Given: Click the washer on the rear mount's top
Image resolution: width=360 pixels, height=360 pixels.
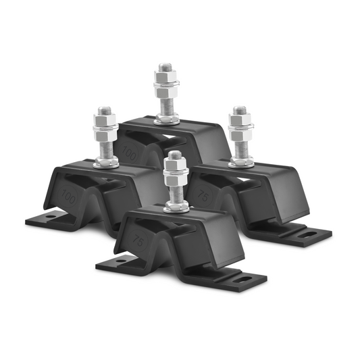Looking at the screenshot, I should pos(166,120).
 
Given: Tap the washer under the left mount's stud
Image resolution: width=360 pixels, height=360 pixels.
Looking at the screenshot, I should pos(106,163).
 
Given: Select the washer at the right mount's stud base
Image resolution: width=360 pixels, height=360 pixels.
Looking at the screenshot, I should pos(241,161).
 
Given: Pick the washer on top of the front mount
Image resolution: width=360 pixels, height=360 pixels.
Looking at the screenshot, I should pos(176,207).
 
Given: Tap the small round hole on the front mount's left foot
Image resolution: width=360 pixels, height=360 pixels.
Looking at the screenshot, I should pos(122,261).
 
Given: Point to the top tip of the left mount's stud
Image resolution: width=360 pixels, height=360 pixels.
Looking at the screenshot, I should pos(105,107).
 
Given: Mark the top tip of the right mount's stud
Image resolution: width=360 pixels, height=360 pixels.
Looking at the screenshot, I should pos(239,107).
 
